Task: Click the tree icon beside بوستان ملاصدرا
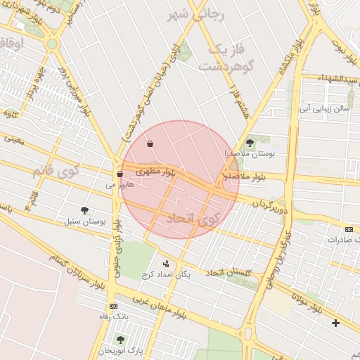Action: click(250, 143)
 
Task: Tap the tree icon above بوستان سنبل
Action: click(85, 210)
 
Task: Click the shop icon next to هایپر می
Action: click(120, 174)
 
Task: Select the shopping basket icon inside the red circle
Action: click(150, 144)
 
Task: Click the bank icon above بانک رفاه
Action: click(113, 306)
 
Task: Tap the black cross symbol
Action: click(335, 323)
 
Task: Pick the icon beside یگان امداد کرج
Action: click(166, 264)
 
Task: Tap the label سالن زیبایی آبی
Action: click(325, 109)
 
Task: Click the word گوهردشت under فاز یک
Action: click(226, 66)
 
